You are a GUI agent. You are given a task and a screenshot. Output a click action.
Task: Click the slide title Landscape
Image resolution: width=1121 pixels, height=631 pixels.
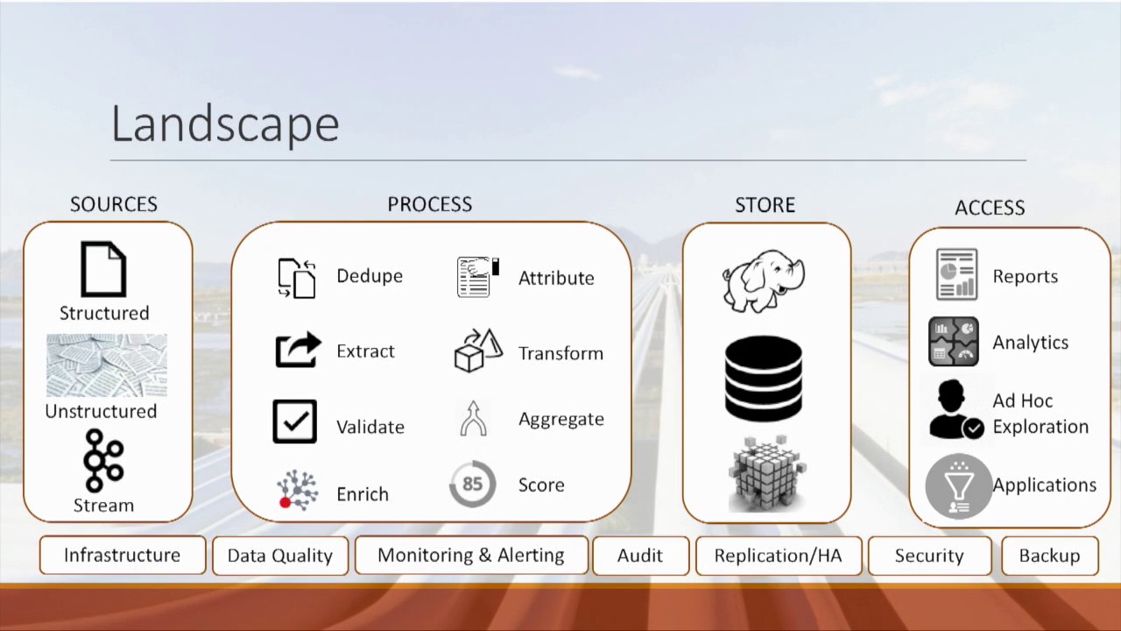pyautogui.click(x=225, y=124)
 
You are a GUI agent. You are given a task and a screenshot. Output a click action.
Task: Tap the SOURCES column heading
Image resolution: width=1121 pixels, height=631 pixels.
pyautogui.click(x=114, y=204)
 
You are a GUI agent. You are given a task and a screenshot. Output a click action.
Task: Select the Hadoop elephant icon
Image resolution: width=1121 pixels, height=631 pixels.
pyautogui.click(x=763, y=280)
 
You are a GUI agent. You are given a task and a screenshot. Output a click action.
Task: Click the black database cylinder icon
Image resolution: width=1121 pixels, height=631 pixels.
pyautogui.click(x=764, y=379)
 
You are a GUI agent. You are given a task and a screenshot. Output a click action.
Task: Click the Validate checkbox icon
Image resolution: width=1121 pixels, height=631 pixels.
pyautogui.click(x=294, y=422)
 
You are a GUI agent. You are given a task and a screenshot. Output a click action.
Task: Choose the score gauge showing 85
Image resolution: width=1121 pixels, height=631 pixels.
pyautogui.click(x=472, y=484)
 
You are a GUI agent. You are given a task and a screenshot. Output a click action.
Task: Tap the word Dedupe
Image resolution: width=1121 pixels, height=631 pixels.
pyautogui.click(x=370, y=276)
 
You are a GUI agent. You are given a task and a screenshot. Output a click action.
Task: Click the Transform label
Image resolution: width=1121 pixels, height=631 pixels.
pyautogui.click(x=560, y=353)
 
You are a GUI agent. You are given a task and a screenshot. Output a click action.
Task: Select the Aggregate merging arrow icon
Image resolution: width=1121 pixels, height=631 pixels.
pyautogui.click(x=474, y=419)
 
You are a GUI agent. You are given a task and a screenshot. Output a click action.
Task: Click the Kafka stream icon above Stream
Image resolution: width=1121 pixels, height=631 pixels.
pyautogui.click(x=103, y=460)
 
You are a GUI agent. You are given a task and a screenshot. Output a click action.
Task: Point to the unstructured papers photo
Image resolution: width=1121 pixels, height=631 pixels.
pyautogui.click(x=106, y=365)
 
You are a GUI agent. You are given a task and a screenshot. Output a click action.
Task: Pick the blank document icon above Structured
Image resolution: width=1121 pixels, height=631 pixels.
pyautogui.click(x=103, y=269)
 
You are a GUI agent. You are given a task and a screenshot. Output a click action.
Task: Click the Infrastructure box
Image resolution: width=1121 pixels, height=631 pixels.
pyautogui.click(x=122, y=556)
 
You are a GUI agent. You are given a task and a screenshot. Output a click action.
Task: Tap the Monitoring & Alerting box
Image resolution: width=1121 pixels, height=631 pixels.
pyautogui.click(x=470, y=556)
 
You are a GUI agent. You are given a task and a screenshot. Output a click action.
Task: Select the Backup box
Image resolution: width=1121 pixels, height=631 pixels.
pyautogui.click(x=1049, y=556)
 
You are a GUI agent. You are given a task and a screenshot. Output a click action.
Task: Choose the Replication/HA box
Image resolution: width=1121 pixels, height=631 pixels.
pyautogui.click(x=778, y=556)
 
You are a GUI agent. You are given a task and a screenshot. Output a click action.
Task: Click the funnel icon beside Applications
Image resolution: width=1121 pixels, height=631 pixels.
pyautogui.click(x=958, y=486)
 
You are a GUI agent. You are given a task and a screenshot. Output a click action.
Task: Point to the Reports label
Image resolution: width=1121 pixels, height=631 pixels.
pyautogui.click(x=1025, y=277)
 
